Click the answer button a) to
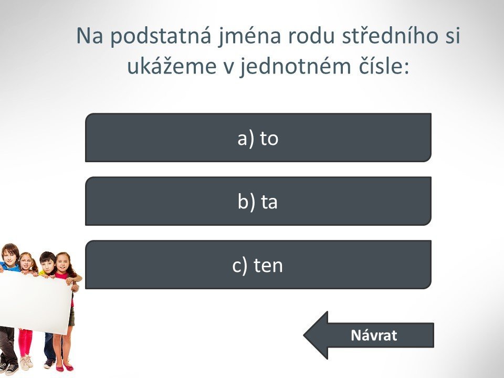258,138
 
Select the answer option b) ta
258,201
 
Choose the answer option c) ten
258,265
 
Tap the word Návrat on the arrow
374,335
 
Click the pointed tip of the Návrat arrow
304,335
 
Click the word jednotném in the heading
295,67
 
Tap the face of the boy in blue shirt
9,254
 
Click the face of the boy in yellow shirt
48,264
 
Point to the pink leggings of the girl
26,343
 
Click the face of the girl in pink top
62,262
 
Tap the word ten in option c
268,266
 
